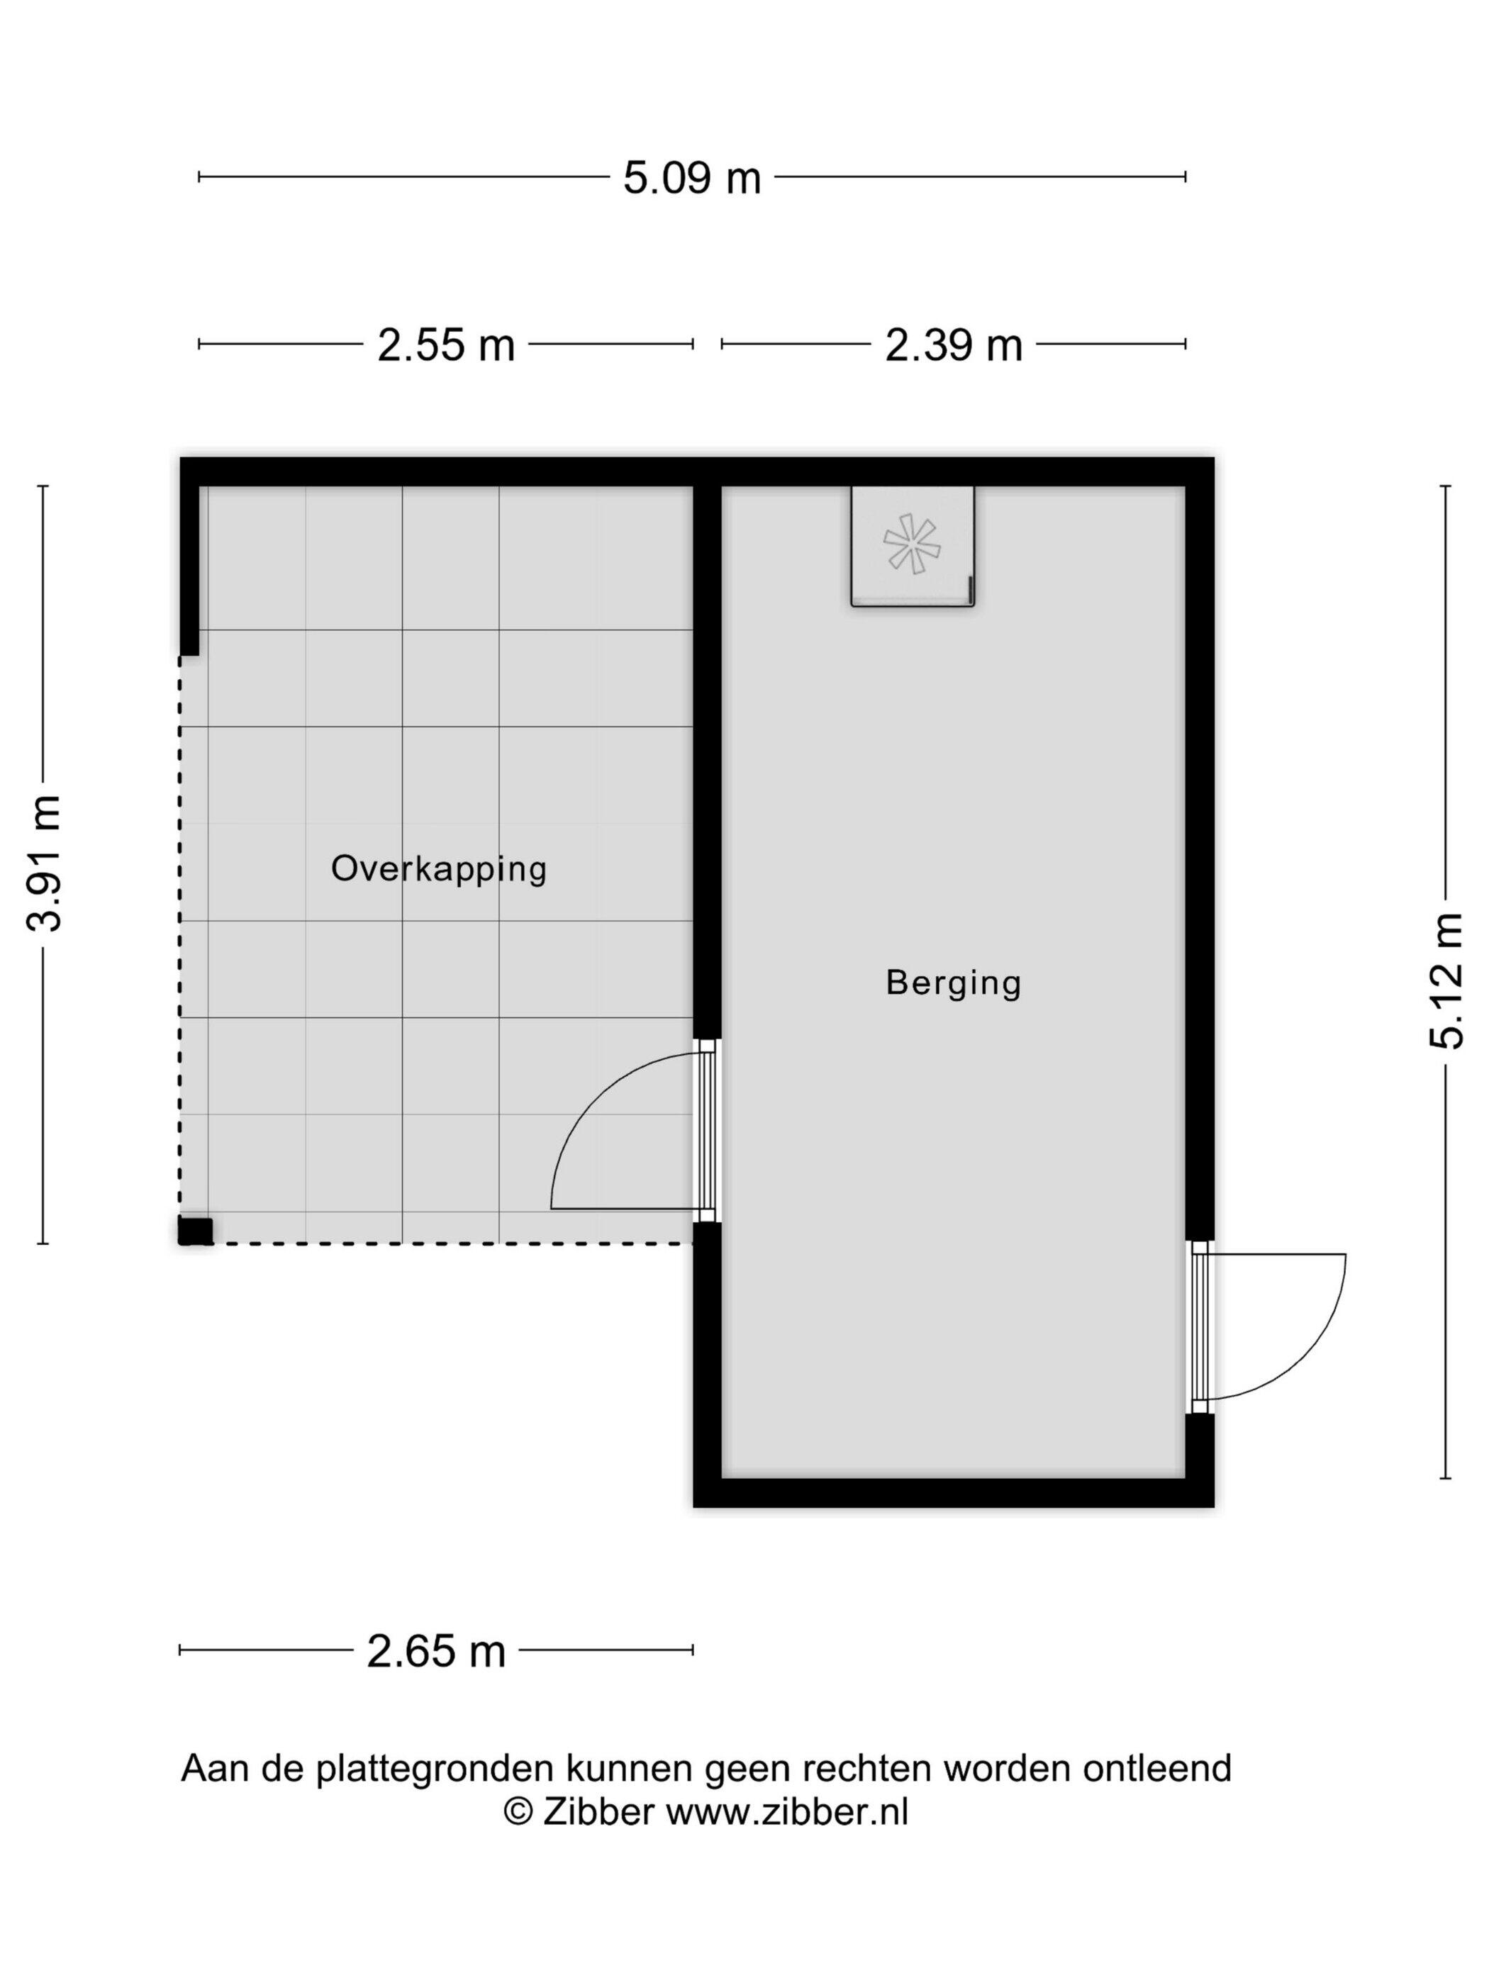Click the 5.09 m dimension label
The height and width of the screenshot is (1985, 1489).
click(x=692, y=178)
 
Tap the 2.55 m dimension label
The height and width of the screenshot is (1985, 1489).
click(x=446, y=345)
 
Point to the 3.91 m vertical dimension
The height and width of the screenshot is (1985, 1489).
click(x=43, y=863)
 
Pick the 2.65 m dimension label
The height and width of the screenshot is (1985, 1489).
click(x=436, y=1651)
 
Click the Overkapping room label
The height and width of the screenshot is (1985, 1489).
click(x=439, y=868)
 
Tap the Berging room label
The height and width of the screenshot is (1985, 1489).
click(x=953, y=983)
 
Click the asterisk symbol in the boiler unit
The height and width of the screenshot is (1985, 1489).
click(x=912, y=544)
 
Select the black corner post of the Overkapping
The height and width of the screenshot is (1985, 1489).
click(x=195, y=1231)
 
